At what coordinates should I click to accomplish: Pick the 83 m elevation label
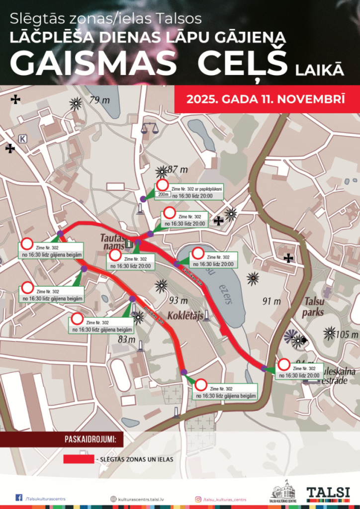[x=127, y=339]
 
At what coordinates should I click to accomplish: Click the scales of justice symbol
[x=148, y=128]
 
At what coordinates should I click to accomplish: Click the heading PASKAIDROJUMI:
[x=90, y=439]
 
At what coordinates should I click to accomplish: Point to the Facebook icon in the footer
[x=19, y=498]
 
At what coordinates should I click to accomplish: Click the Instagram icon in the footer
[x=197, y=499]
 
